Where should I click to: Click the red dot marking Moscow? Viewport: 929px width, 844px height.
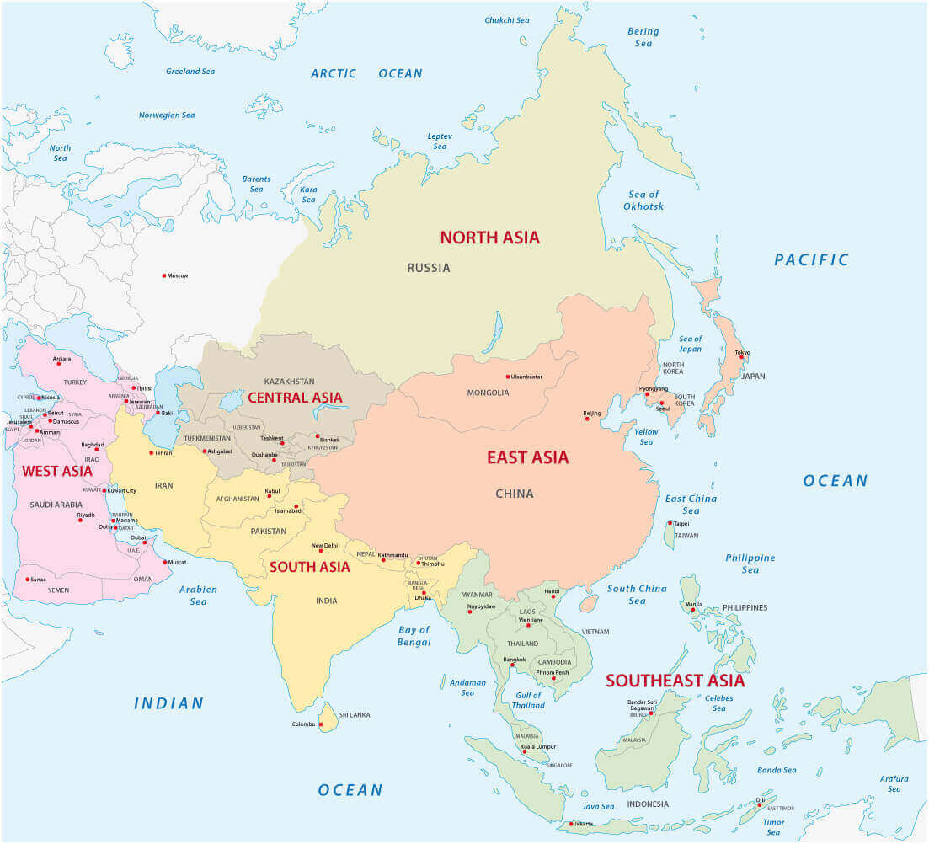pos(164,275)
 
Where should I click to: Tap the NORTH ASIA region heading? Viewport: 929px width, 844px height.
pos(489,238)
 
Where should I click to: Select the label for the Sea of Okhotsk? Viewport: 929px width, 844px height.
pos(643,200)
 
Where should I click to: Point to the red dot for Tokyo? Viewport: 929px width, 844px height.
pos(741,357)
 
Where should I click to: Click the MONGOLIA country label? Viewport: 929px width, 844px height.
pos(488,393)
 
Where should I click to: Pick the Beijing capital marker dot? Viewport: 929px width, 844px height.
pos(587,419)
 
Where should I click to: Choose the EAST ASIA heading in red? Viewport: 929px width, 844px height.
pos(527,457)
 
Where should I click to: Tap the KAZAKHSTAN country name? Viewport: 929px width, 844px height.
pos(289,382)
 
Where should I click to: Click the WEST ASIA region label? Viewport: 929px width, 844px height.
pos(57,471)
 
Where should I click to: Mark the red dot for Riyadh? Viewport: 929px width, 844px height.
pos(81,520)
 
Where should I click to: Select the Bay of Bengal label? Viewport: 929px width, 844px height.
pos(414,636)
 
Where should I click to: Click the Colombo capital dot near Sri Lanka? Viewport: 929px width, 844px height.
pos(320,724)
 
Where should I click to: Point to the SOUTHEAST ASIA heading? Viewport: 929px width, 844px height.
pos(675,681)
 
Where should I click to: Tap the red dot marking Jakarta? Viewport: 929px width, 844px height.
pos(571,824)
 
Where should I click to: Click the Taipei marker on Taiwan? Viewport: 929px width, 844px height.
pos(670,523)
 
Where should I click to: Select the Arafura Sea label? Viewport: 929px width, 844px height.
pos(894,783)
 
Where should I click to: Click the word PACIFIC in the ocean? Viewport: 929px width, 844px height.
pos(811,260)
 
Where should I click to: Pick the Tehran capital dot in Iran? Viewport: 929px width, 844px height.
pos(152,453)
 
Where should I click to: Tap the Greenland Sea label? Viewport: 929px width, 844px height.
pos(190,72)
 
